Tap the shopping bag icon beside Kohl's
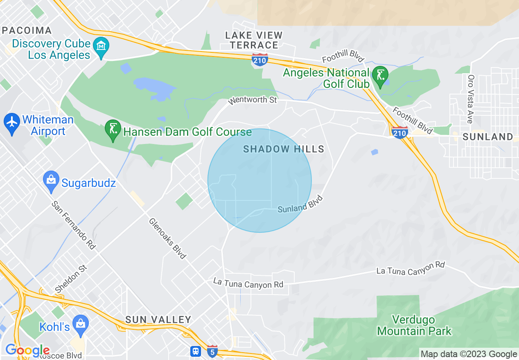(81, 325)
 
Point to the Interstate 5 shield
(212, 351)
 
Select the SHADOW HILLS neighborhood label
(284, 149)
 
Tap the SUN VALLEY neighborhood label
(158, 319)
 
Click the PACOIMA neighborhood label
(27, 30)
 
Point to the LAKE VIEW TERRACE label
(254, 40)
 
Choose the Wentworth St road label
(253, 99)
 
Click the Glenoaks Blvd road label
(167, 239)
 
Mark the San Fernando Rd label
(74, 225)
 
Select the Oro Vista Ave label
(471, 99)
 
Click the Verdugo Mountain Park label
(414, 325)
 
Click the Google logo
(27, 350)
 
